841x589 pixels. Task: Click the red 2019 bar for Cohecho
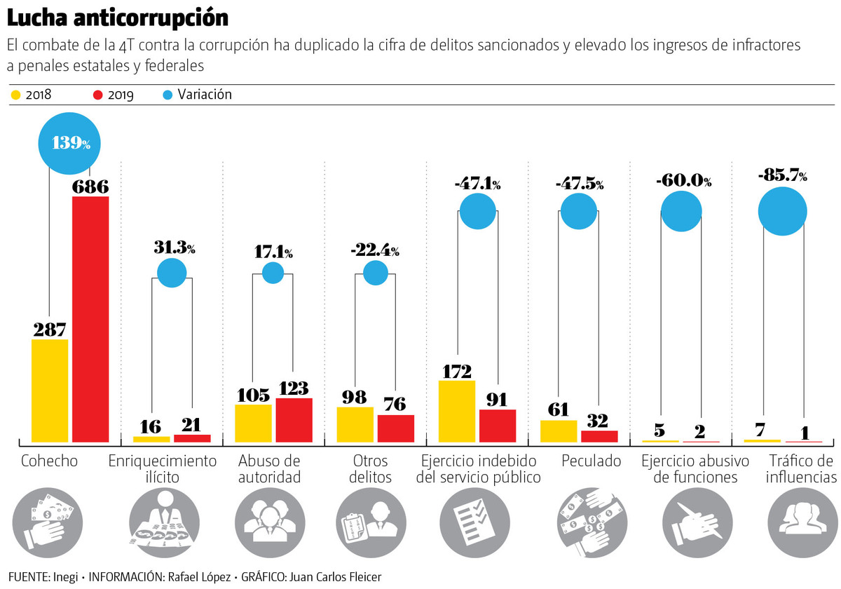tap(91, 319)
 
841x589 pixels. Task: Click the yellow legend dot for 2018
tap(15, 95)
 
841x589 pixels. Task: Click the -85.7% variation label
tap(782, 176)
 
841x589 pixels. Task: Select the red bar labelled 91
tap(498, 426)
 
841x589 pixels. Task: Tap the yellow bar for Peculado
tap(559, 431)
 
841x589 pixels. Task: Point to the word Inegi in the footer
tap(64, 576)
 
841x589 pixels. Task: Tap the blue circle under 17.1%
tap(273, 273)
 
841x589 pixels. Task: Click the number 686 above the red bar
tap(90, 187)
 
